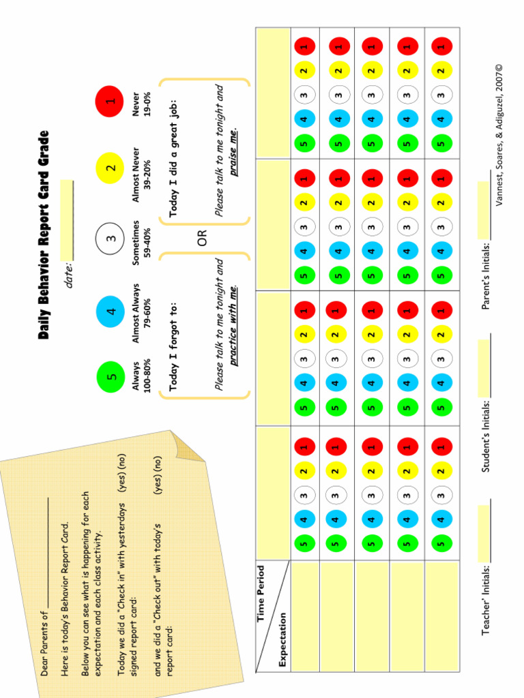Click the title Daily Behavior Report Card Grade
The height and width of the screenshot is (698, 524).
point(44,235)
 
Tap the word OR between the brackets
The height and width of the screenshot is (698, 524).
point(203,238)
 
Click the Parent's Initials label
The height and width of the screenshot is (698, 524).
point(486,275)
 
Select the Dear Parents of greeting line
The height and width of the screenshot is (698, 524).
point(44,637)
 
